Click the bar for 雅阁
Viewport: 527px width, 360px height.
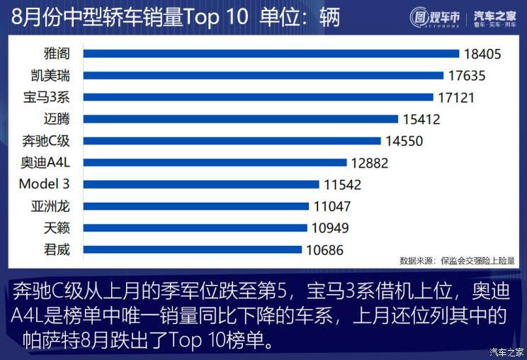click(271, 53)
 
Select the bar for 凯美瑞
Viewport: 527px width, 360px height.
click(263, 75)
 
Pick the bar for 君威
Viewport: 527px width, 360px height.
click(193, 249)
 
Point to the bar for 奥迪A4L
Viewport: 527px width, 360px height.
click(215, 162)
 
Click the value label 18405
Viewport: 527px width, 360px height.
click(483, 54)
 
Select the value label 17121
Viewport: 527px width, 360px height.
click(455, 97)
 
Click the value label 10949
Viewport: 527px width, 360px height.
click(329, 228)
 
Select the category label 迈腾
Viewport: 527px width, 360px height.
click(56, 119)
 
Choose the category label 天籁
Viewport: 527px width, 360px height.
click(56, 228)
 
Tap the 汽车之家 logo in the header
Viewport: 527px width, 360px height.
click(495, 16)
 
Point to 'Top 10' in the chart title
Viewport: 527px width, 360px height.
click(215, 16)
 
